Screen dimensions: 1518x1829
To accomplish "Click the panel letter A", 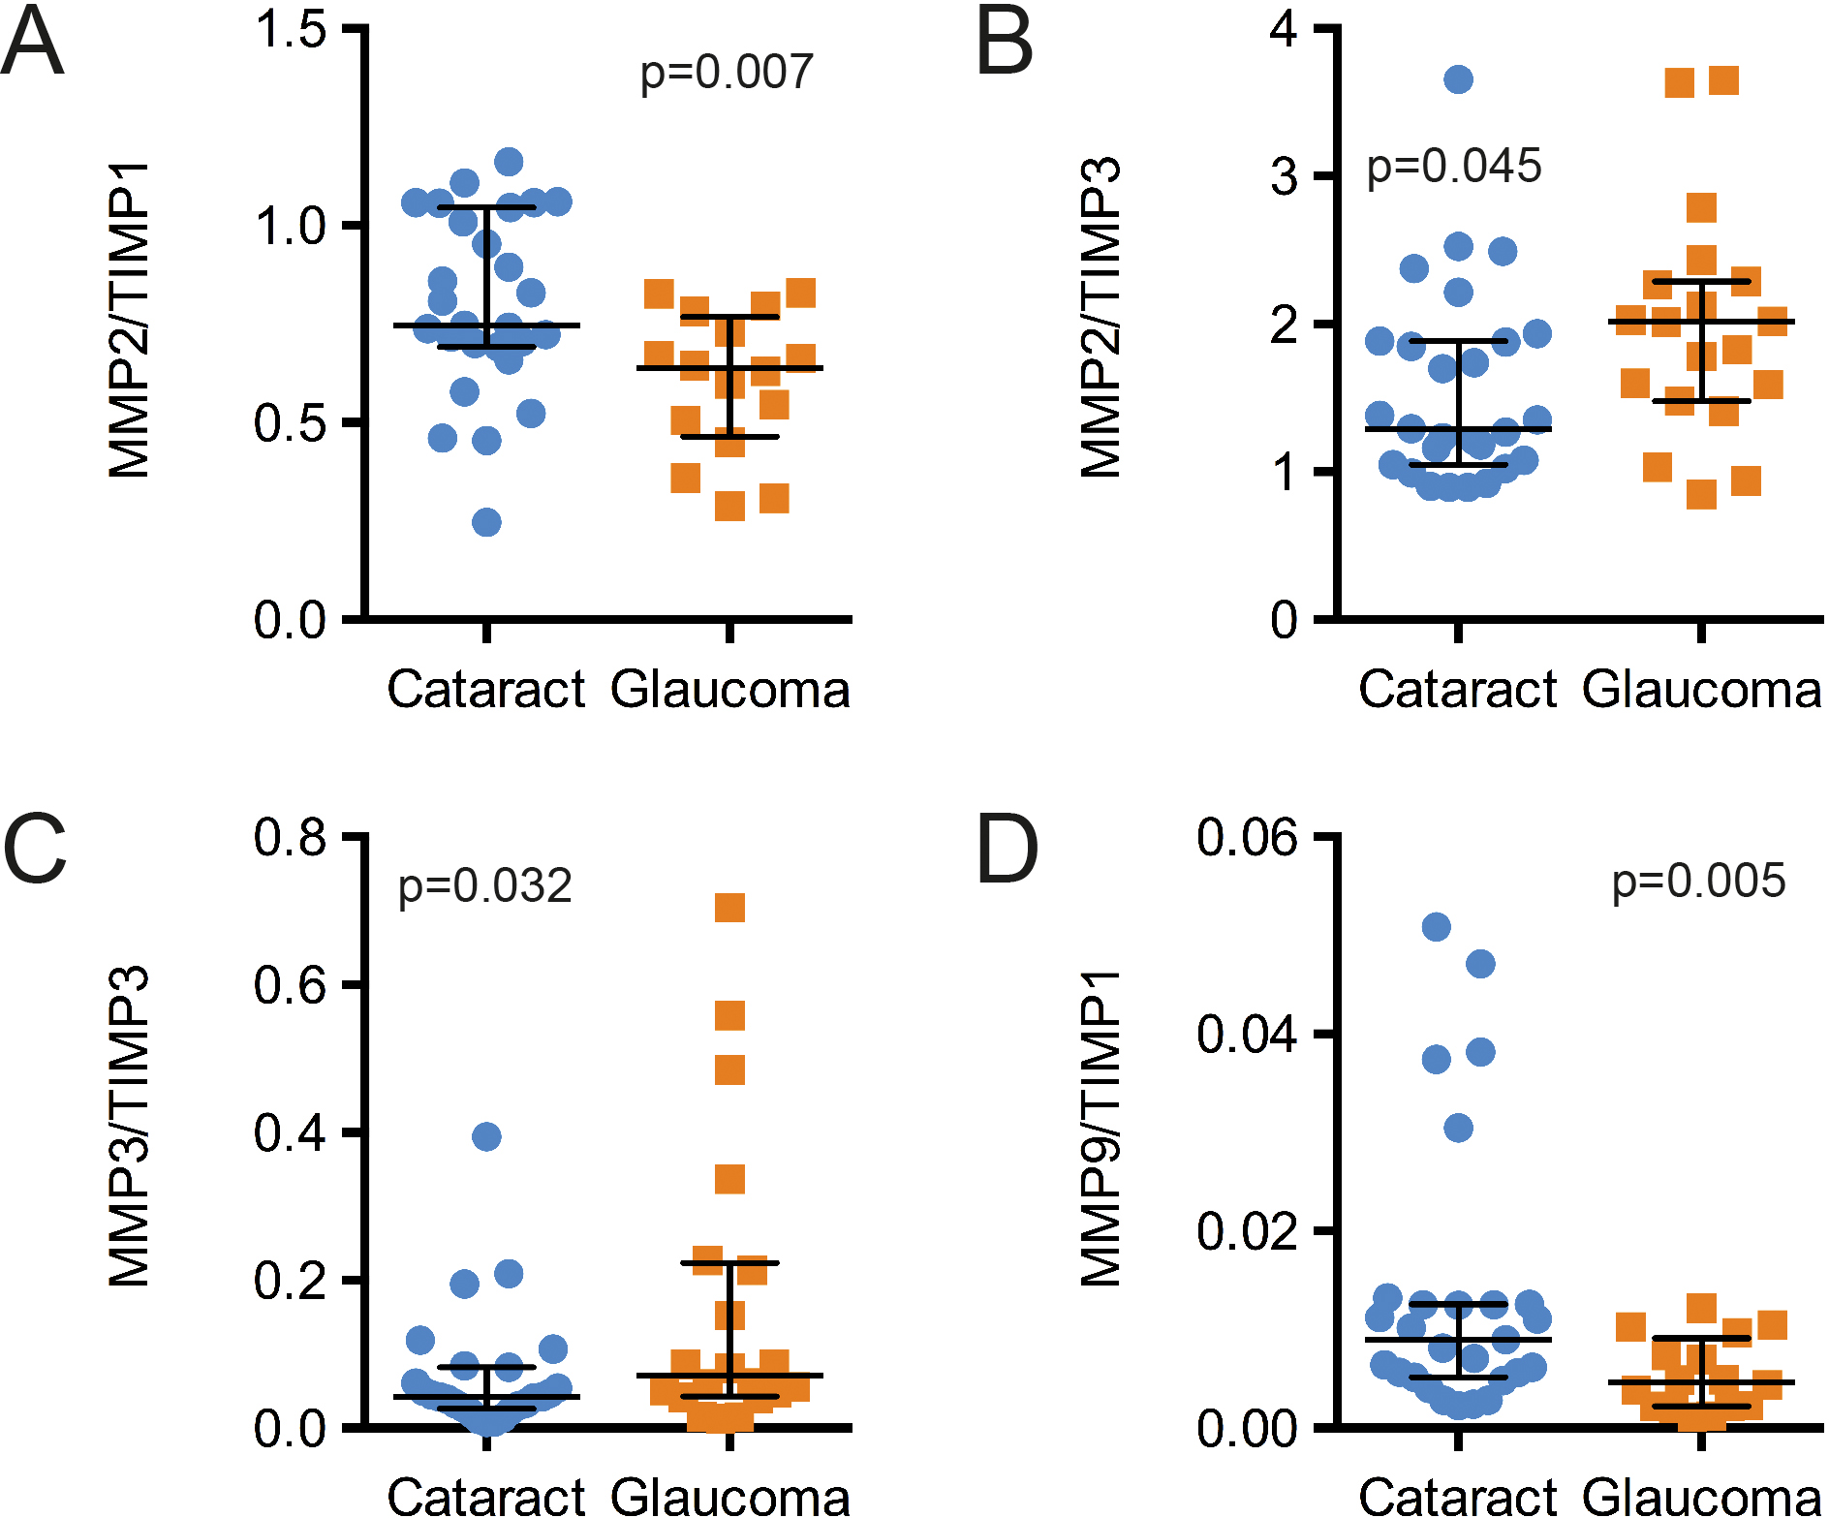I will point(32,43).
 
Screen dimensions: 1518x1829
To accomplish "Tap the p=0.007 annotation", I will point(727,73).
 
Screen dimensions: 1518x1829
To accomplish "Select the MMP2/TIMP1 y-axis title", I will point(130,321).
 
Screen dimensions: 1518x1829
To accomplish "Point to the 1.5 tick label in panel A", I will point(290,29).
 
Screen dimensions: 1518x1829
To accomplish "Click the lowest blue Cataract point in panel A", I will point(486,522).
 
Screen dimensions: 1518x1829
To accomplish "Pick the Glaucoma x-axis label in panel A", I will point(730,690).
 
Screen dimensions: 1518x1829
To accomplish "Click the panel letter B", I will point(1005,43).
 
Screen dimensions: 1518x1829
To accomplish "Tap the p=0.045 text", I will point(1453,167).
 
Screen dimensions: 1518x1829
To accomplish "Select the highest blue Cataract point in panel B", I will point(1458,79).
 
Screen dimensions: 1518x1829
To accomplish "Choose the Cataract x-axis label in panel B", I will point(1457,690).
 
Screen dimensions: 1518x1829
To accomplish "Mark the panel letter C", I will point(35,850).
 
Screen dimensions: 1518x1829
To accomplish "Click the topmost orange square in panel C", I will point(729,908).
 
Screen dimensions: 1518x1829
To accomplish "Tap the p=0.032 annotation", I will point(485,886).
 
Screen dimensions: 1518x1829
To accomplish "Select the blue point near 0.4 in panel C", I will point(486,1136).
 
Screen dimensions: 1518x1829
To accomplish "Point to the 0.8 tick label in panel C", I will point(290,837).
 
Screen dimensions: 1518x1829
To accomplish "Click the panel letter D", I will point(1007,850).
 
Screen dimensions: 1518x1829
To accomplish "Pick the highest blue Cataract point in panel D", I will point(1436,927).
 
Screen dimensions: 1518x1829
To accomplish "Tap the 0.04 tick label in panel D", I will point(1246,1034).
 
